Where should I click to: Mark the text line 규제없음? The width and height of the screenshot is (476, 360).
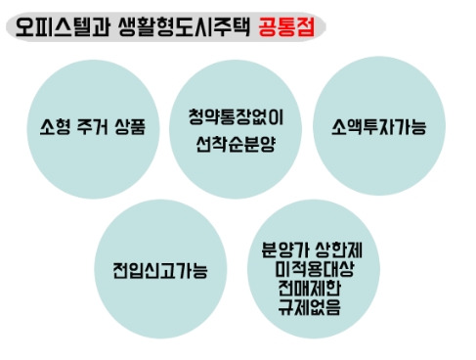click(308, 306)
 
